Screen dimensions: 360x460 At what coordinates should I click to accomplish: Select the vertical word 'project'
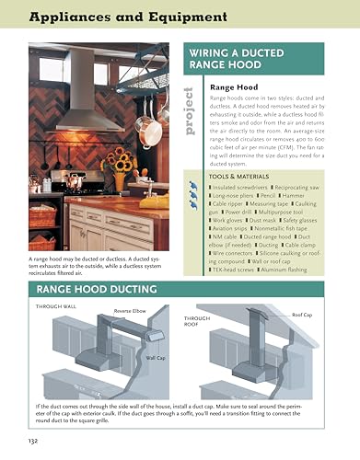pyautogui.click(x=189, y=110)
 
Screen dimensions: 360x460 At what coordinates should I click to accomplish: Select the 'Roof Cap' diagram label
pyautogui.click(x=303, y=316)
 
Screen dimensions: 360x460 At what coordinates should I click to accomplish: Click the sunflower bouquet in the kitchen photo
pyautogui.click(x=118, y=164)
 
